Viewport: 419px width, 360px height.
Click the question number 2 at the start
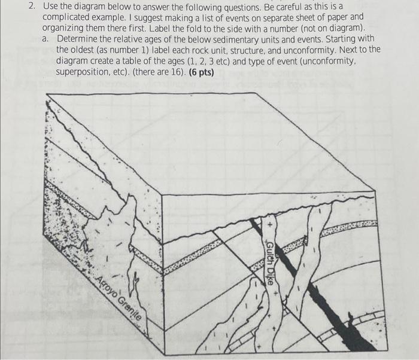tap(31, 7)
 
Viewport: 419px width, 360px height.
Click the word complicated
tap(66, 17)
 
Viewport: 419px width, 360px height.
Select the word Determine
tap(78, 39)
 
